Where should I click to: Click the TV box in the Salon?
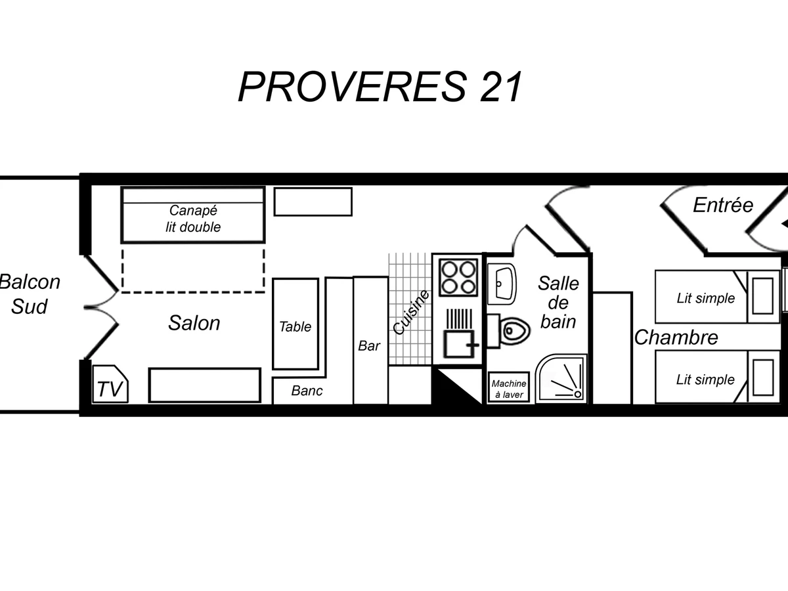[x=110, y=385]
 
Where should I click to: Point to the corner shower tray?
[x=561, y=379]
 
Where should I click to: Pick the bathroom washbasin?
[x=502, y=283]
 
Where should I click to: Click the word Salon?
[x=194, y=323]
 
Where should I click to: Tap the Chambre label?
[x=676, y=338]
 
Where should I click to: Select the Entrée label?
[x=722, y=206]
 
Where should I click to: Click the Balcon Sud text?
[x=30, y=294]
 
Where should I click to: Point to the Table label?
[x=295, y=326]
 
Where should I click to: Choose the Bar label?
[x=369, y=345]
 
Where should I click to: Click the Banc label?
[x=307, y=391]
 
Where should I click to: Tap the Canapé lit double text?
[x=193, y=219]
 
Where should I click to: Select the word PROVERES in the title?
[x=351, y=87]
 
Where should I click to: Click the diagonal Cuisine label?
[x=411, y=313]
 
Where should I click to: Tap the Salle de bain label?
[x=558, y=302]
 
